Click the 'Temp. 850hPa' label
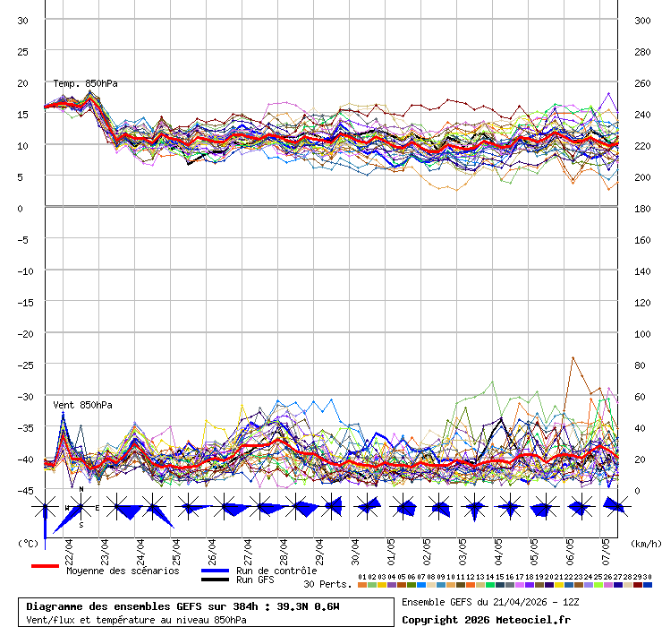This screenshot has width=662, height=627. (x=85, y=83)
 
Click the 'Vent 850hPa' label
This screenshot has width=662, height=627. (x=82, y=405)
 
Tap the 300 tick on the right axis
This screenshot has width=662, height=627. (x=642, y=21)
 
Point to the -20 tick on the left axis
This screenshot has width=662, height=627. (x=23, y=334)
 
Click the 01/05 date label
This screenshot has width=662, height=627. (x=391, y=547)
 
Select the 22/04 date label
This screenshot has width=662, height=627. (x=69, y=547)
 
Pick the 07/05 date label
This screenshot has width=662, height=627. (x=606, y=547)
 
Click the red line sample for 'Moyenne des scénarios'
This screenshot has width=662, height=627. (x=45, y=567)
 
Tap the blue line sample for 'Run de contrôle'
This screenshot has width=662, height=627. (x=215, y=571)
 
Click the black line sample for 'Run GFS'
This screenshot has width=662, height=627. (x=215, y=580)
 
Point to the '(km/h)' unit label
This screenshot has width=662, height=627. (x=644, y=543)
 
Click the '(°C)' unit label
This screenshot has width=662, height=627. (x=28, y=543)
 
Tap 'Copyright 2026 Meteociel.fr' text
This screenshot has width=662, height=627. (x=486, y=619)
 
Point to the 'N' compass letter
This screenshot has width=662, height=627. (x=81, y=490)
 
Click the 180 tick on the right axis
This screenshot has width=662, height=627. (x=642, y=209)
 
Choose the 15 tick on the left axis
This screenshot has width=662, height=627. (x=23, y=115)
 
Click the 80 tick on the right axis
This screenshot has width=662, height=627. (x=640, y=365)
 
